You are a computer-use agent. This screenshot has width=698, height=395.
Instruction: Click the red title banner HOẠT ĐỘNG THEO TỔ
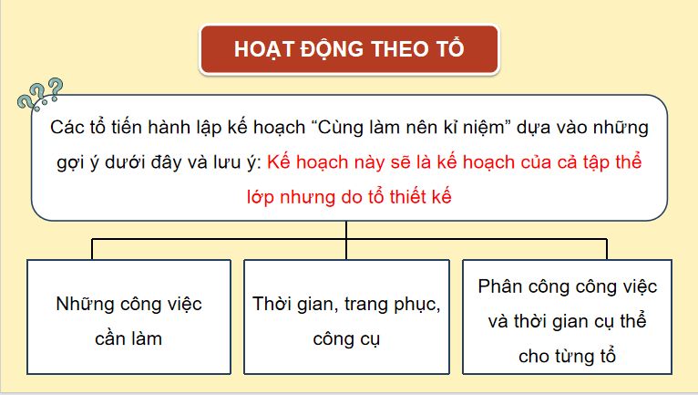pyautogui.click(x=348, y=49)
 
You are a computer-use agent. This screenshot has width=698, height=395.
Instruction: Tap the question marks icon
pyautogui.click(x=41, y=94)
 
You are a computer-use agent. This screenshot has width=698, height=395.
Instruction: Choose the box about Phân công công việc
pyautogui.click(x=567, y=319)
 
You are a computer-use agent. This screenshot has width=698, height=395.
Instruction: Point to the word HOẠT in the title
pyautogui.click(x=266, y=49)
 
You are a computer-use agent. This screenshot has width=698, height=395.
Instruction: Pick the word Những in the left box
pyautogui.click(x=87, y=303)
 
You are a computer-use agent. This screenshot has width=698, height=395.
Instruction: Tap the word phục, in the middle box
pyautogui.click(x=415, y=303)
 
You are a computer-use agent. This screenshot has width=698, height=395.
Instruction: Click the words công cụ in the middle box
pyautogui.click(x=346, y=338)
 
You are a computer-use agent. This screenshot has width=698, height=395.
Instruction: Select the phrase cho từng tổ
pyautogui.click(x=567, y=356)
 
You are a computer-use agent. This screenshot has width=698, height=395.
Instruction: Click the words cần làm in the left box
pyautogui.click(x=128, y=338)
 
